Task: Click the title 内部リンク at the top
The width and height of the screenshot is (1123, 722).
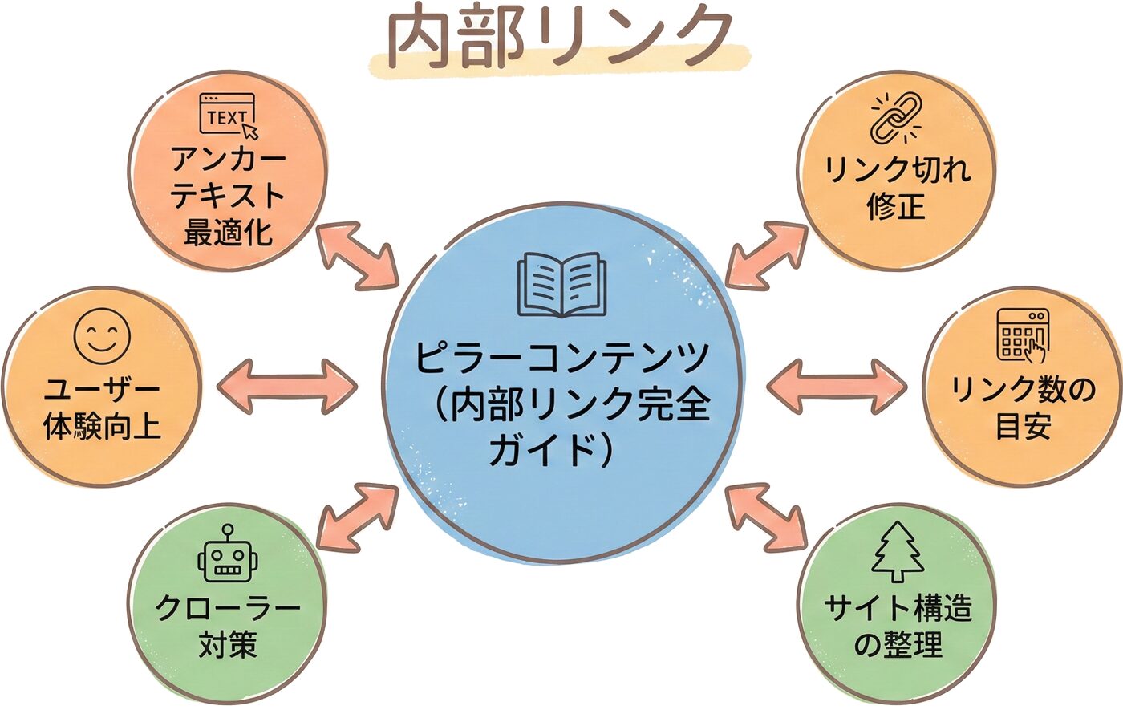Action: click(560, 38)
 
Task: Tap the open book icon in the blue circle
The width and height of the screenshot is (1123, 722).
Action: click(561, 286)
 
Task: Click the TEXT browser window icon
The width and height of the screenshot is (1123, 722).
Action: click(229, 116)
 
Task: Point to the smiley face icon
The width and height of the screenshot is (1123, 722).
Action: click(102, 336)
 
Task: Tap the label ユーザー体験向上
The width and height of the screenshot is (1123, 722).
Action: click(102, 408)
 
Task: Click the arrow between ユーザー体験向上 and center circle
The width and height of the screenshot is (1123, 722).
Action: click(287, 387)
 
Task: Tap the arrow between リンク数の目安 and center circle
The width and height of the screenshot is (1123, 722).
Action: click(837, 387)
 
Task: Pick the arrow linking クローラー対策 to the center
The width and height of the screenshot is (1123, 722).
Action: click(358, 517)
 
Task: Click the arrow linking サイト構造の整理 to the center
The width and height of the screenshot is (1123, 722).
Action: click(765, 517)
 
